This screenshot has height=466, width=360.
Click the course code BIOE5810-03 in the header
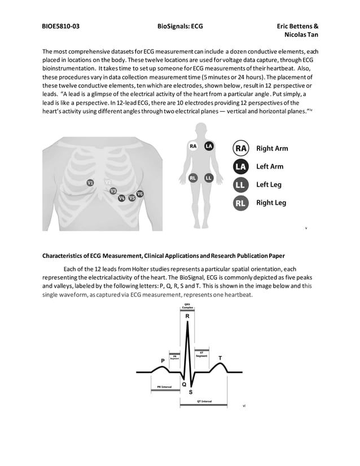click(60, 26)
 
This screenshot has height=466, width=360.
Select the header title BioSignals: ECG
click(180, 26)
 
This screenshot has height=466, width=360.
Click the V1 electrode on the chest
click(90, 183)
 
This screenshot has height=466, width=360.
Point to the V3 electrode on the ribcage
click(113, 191)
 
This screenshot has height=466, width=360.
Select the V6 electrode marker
click(140, 194)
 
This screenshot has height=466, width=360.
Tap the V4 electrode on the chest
click(121, 198)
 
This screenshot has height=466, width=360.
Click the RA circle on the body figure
click(193, 146)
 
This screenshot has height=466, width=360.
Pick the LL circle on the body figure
click(208, 178)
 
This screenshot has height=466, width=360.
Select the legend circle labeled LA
click(241, 166)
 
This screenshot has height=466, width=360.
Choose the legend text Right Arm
click(272, 148)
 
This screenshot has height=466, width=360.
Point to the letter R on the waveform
click(187, 316)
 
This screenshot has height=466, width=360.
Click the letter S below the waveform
click(190, 392)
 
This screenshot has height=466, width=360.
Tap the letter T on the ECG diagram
click(219, 358)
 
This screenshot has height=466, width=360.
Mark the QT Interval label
click(204, 402)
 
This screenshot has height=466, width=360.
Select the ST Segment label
click(201, 354)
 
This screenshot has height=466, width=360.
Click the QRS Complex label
click(187, 306)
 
